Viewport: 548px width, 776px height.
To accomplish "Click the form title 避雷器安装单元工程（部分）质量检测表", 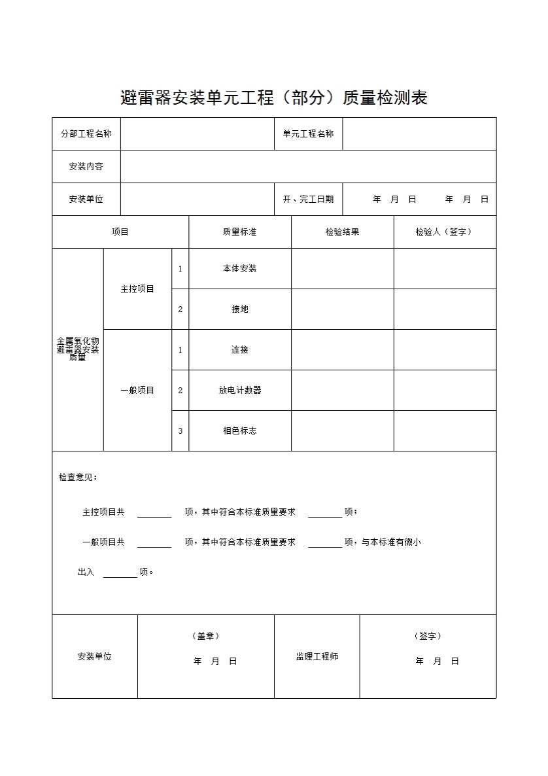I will pyautogui.click(x=274, y=98).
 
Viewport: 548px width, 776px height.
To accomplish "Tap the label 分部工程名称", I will pyautogui.click(x=86, y=133).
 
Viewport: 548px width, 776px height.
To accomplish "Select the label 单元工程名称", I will pyautogui.click(x=308, y=133).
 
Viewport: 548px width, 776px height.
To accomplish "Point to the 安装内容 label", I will pyautogui.click(x=86, y=166).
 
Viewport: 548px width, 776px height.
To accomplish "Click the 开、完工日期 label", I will pyautogui.click(x=308, y=199).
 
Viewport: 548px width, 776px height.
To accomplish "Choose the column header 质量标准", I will pyautogui.click(x=239, y=232).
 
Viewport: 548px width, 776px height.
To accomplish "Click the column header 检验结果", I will pyautogui.click(x=342, y=232).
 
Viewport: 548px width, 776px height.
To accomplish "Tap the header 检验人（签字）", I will pyautogui.click(x=444, y=232).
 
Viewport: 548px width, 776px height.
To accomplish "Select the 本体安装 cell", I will pyautogui.click(x=239, y=268).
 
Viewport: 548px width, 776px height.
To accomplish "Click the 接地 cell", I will pyautogui.click(x=239, y=309).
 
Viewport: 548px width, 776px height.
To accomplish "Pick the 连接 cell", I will pyautogui.click(x=239, y=349).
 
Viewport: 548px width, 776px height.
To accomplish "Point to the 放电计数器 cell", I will pyautogui.click(x=239, y=390).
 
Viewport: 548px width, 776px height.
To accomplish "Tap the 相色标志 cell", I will pyautogui.click(x=239, y=431).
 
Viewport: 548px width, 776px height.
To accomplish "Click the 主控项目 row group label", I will pyautogui.click(x=137, y=289).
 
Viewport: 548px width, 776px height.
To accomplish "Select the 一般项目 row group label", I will pyautogui.click(x=137, y=390).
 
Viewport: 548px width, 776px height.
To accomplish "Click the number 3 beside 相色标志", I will pyautogui.click(x=180, y=431).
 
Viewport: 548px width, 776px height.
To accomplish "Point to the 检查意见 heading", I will pyautogui.click(x=78, y=477).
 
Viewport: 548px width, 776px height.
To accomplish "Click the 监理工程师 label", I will pyautogui.click(x=317, y=656).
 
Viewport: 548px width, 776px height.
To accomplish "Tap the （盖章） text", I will pyautogui.click(x=205, y=636).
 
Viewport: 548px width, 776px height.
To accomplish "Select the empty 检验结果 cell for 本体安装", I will pyautogui.click(x=342, y=268).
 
